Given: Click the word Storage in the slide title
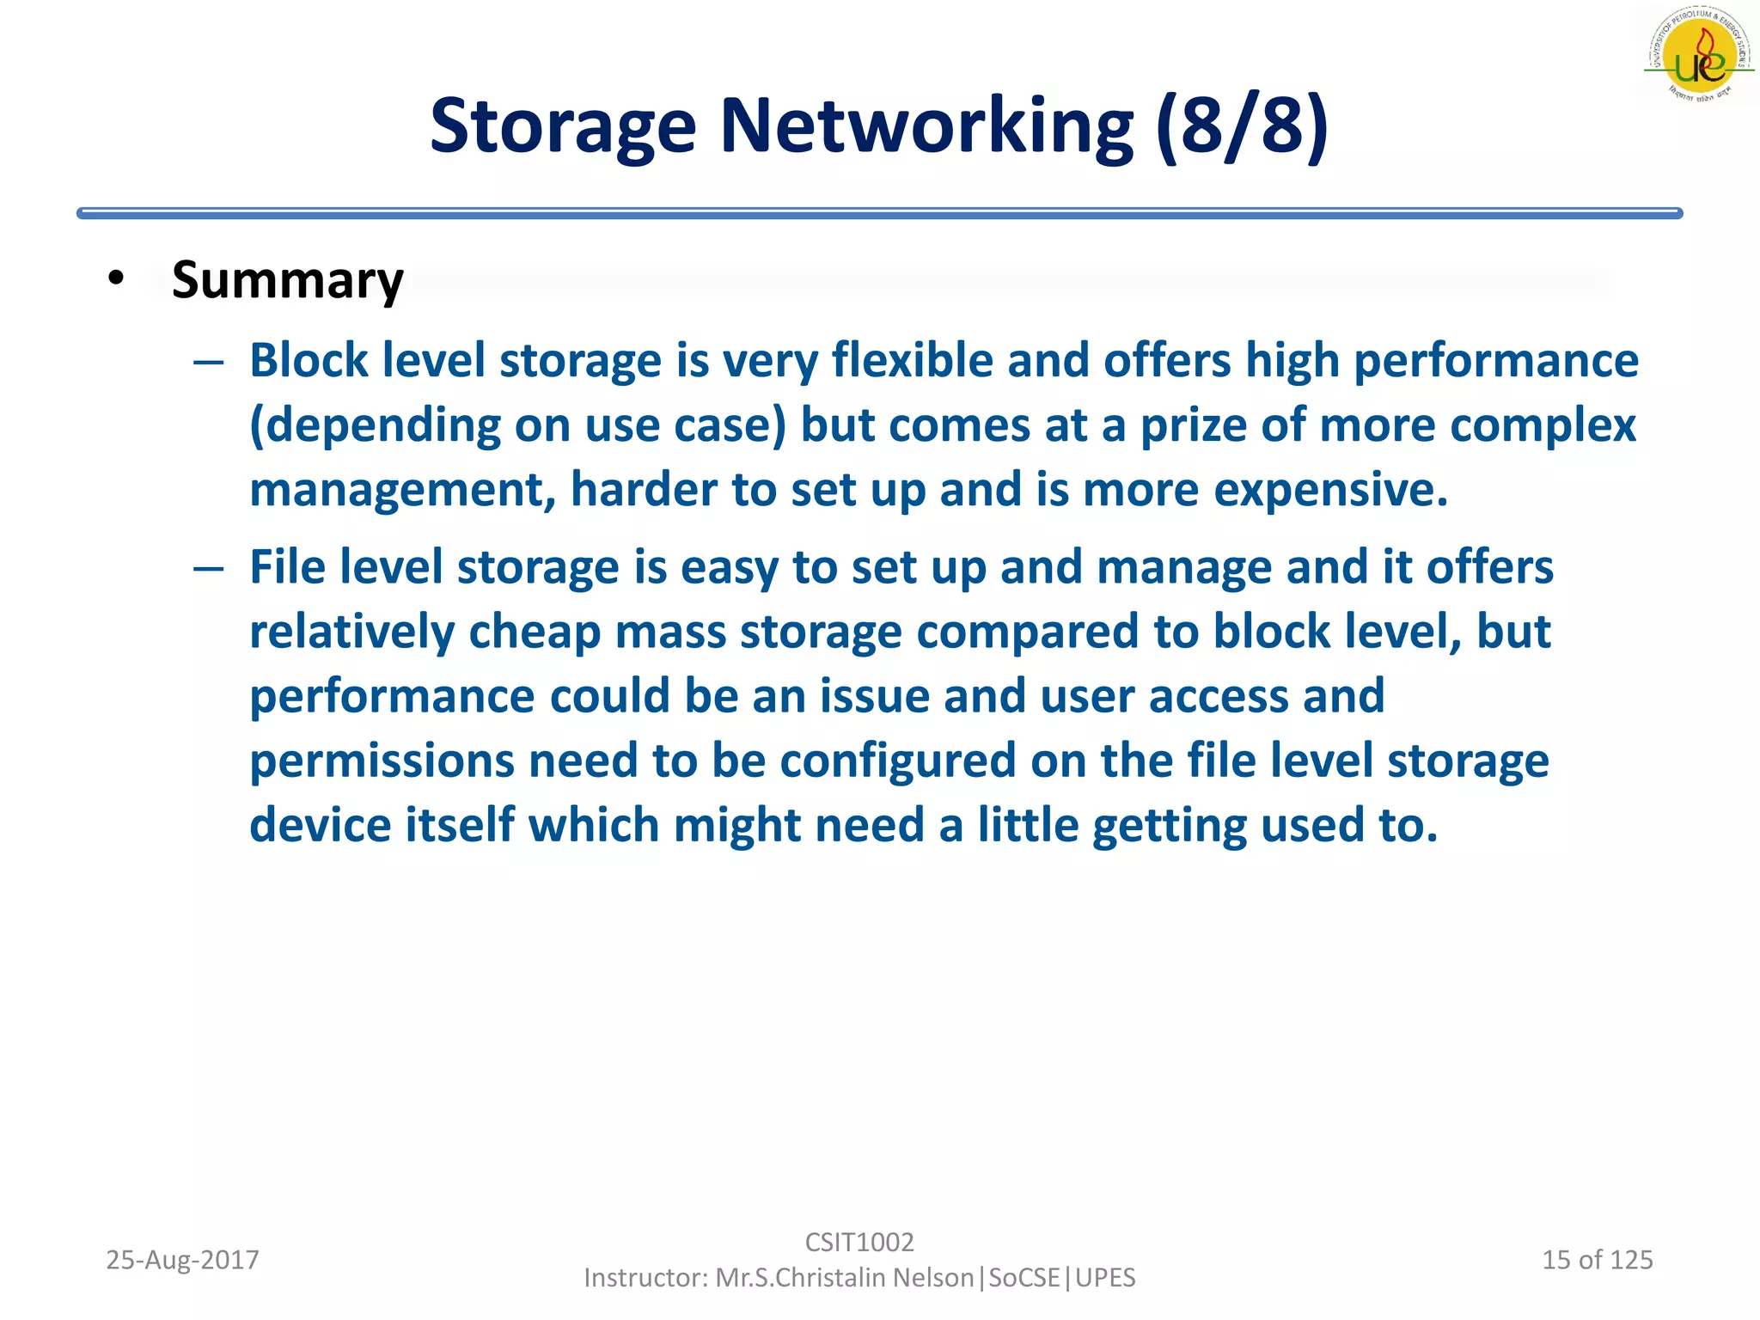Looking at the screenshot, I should (562, 126).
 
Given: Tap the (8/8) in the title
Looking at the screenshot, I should (1242, 126).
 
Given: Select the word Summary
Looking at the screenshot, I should (287, 280).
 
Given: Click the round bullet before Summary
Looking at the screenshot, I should (116, 278).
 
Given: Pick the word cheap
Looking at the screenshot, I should (535, 632).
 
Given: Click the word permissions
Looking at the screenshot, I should (382, 761).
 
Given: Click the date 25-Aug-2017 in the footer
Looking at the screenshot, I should (182, 1260).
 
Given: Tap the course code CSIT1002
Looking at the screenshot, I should (859, 1242).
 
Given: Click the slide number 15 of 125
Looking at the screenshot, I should (1597, 1260).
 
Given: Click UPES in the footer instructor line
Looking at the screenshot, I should (1106, 1278).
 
